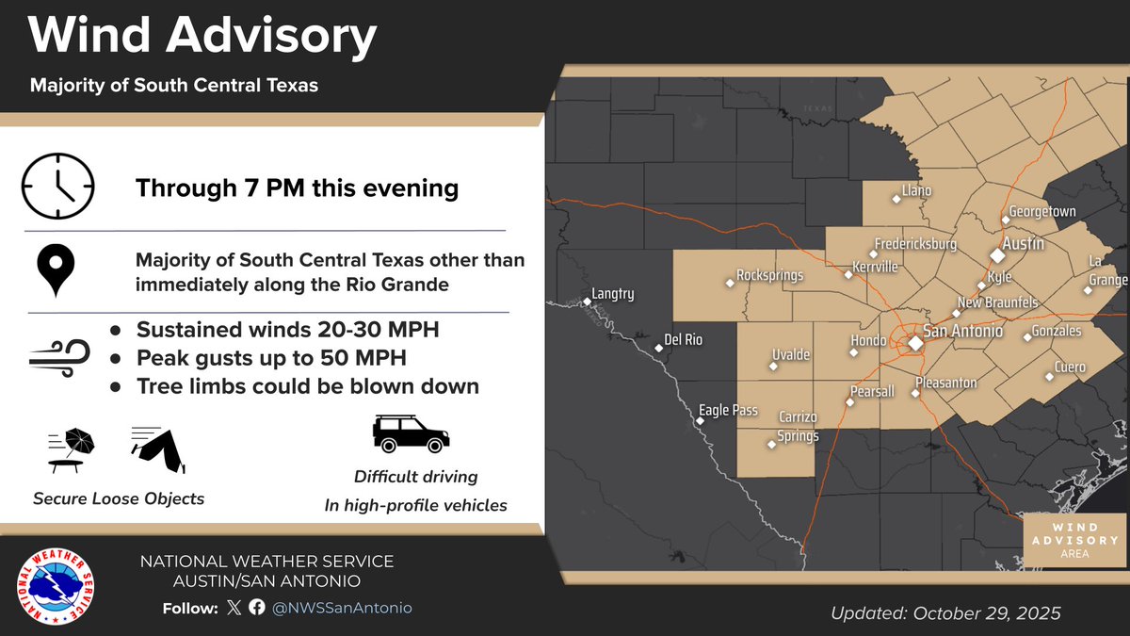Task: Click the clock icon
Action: pos(58,186)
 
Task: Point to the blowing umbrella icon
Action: pos(72,448)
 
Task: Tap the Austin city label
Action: pos(1023,243)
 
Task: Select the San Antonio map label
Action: pos(962,332)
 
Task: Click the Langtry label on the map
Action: pos(613,294)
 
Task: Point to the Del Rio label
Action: pos(683,339)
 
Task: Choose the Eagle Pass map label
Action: pos(728,411)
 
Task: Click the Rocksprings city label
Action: pos(769,276)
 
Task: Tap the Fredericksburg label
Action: pos(915,244)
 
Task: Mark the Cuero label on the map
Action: pos(1070,367)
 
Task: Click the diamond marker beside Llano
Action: pos(896,200)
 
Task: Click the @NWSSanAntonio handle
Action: pos(342,608)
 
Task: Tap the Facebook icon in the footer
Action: pos(257,608)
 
